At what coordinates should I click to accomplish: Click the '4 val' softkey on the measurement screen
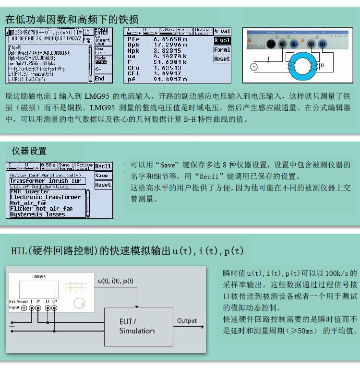tap(222, 32)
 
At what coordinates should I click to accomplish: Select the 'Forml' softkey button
tap(222, 50)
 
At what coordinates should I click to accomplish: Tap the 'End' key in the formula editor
tap(100, 78)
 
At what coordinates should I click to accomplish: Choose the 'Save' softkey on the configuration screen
tap(102, 176)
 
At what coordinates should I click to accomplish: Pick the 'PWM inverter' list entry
tap(30, 192)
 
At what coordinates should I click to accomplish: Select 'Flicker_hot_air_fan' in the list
tap(41, 209)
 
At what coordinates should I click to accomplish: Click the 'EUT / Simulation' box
tap(137, 326)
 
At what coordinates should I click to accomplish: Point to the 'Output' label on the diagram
tap(187, 321)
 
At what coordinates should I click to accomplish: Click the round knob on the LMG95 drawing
tap(78, 303)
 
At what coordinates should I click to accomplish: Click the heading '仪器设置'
tap(29, 151)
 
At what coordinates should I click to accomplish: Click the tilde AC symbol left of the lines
tap(12, 326)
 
